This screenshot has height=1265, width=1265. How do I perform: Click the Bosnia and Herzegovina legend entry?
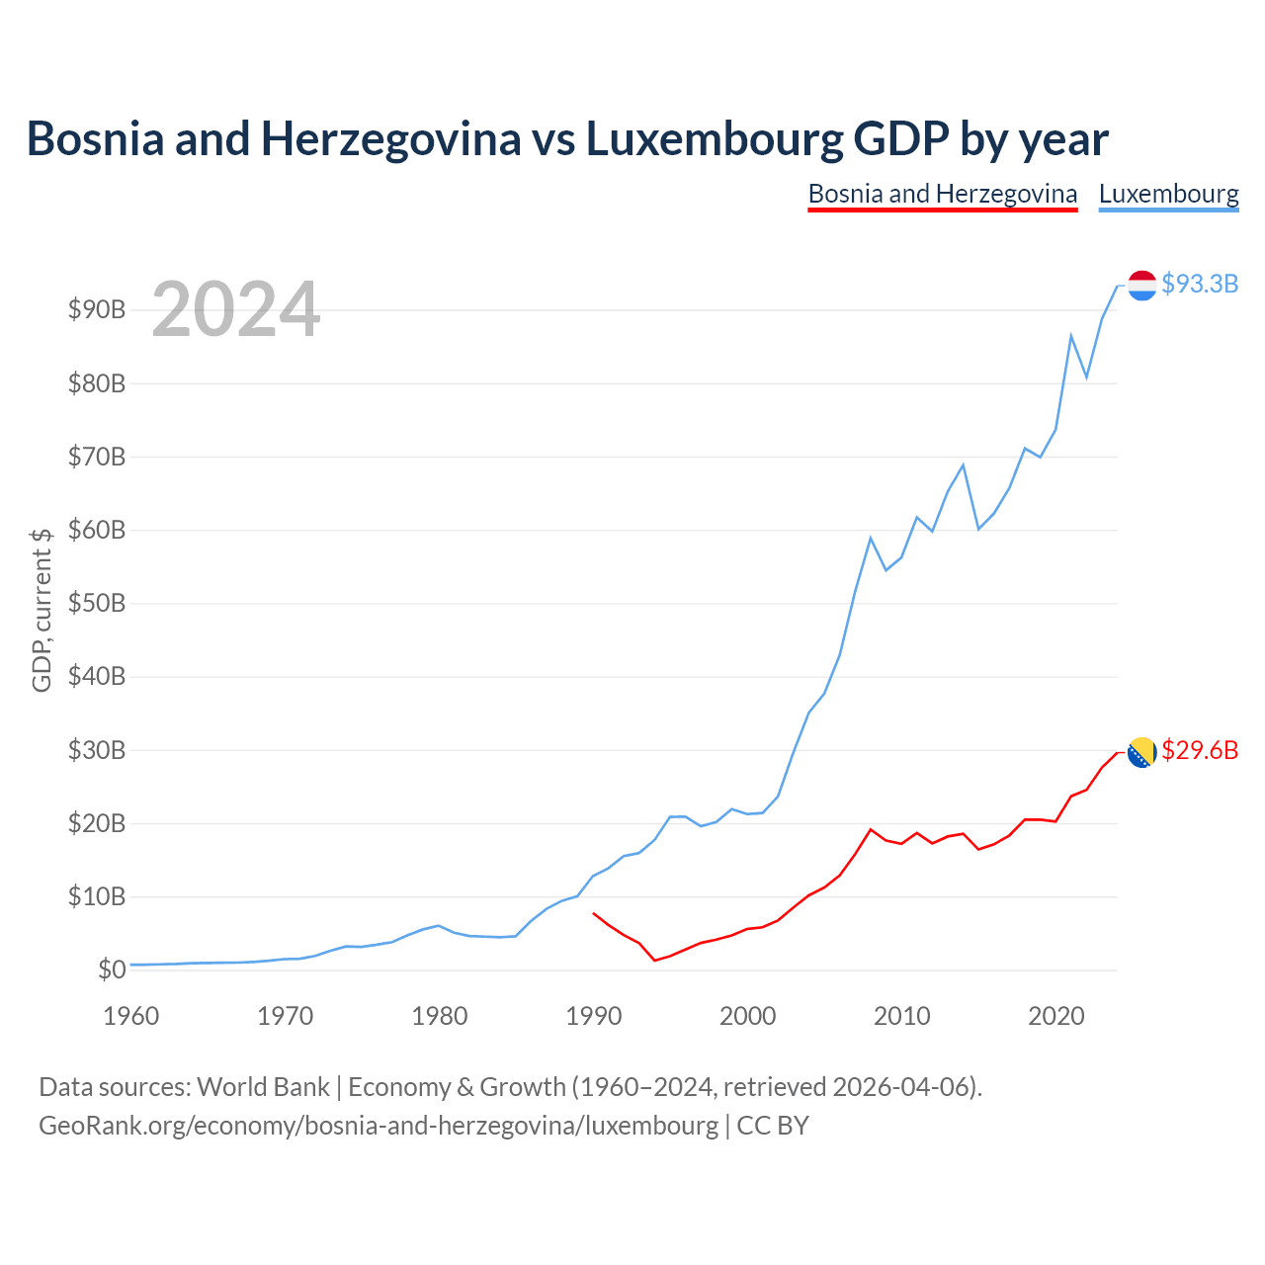coord(942,195)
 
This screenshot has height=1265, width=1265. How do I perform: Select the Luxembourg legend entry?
coord(1168,195)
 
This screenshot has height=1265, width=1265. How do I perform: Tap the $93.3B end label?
coord(1200,284)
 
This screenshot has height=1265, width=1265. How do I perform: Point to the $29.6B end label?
coord(1200,750)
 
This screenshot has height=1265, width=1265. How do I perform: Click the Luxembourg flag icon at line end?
coord(1141,286)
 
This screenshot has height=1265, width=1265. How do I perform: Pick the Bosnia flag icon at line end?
coord(1141,752)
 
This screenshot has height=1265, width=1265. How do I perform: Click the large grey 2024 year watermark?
coord(236,308)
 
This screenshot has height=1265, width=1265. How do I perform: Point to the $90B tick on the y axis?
coord(97,309)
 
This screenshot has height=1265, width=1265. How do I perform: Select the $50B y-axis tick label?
coord(97,603)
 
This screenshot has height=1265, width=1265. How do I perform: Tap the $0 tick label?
coord(112,970)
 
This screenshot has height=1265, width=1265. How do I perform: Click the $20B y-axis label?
coord(97,823)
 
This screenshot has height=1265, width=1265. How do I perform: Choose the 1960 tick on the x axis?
coord(131,1016)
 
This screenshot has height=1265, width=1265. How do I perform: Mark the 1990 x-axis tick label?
coord(593,1016)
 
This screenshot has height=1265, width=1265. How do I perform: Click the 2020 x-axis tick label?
coord(1055,1016)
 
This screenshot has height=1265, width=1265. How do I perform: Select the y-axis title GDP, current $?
coord(42,610)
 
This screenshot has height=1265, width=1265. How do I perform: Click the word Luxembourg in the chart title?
coord(715,139)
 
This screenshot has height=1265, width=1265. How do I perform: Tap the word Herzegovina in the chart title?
coord(390,139)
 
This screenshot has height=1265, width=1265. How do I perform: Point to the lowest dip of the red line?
coord(654,961)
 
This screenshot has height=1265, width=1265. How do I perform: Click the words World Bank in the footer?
coord(263,1087)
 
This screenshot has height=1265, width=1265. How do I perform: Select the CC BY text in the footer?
coord(773,1126)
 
